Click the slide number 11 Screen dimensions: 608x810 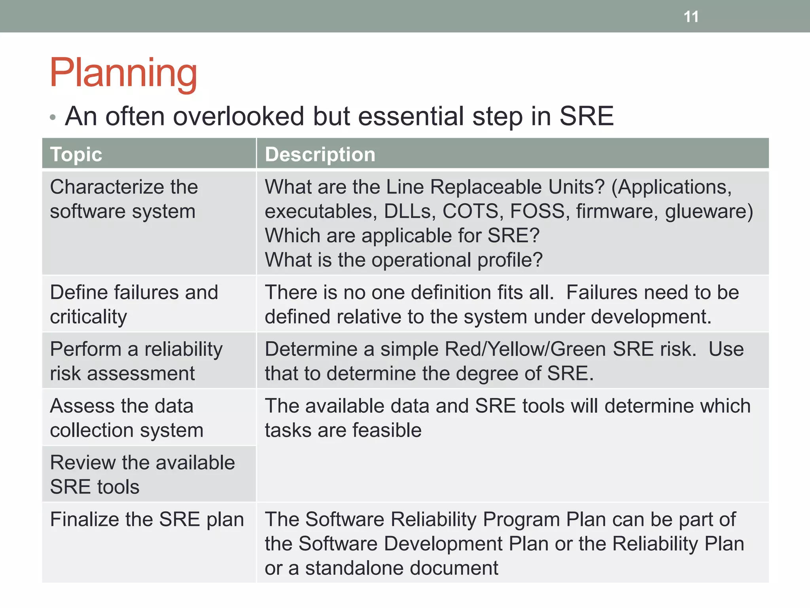click(691, 17)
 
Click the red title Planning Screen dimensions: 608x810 click(123, 73)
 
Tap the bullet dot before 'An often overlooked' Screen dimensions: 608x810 click(53, 117)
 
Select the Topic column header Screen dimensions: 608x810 click(76, 154)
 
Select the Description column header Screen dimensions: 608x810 click(320, 154)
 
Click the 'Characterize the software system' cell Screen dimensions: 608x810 click(123, 199)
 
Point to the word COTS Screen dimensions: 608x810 click(472, 211)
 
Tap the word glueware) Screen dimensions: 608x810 click(709, 211)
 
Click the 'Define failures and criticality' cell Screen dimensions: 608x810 click(134, 304)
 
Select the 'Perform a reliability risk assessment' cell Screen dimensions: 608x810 click(136, 361)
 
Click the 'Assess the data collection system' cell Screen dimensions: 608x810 click(127, 418)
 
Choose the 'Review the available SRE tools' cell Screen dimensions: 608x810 click(142, 475)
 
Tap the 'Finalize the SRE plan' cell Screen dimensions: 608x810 click(147, 520)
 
